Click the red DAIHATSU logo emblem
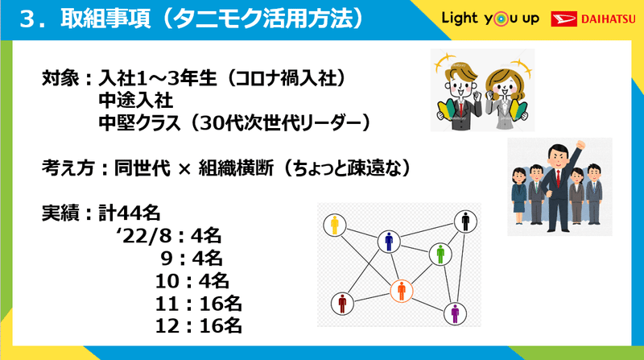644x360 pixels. click(x=564, y=19)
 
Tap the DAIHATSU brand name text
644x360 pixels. click(x=609, y=19)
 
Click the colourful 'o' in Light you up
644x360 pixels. click(x=500, y=19)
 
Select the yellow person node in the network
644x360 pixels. click(x=335, y=226)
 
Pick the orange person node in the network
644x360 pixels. click(x=401, y=291)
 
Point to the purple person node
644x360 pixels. click(x=455, y=313)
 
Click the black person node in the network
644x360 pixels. click(x=465, y=221)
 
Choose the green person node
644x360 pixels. click(x=440, y=254)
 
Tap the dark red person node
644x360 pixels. click(x=342, y=304)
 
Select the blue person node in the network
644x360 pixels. click(x=389, y=242)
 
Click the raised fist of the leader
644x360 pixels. click(x=580, y=145)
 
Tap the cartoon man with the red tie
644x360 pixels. click(x=458, y=93)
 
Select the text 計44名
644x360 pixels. click(x=130, y=213)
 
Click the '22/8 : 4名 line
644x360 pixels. click(x=168, y=236)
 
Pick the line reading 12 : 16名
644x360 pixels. click(x=198, y=326)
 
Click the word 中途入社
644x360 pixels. click(x=136, y=101)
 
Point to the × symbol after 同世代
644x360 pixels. click(x=184, y=168)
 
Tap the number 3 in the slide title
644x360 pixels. click(x=27, y=19)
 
